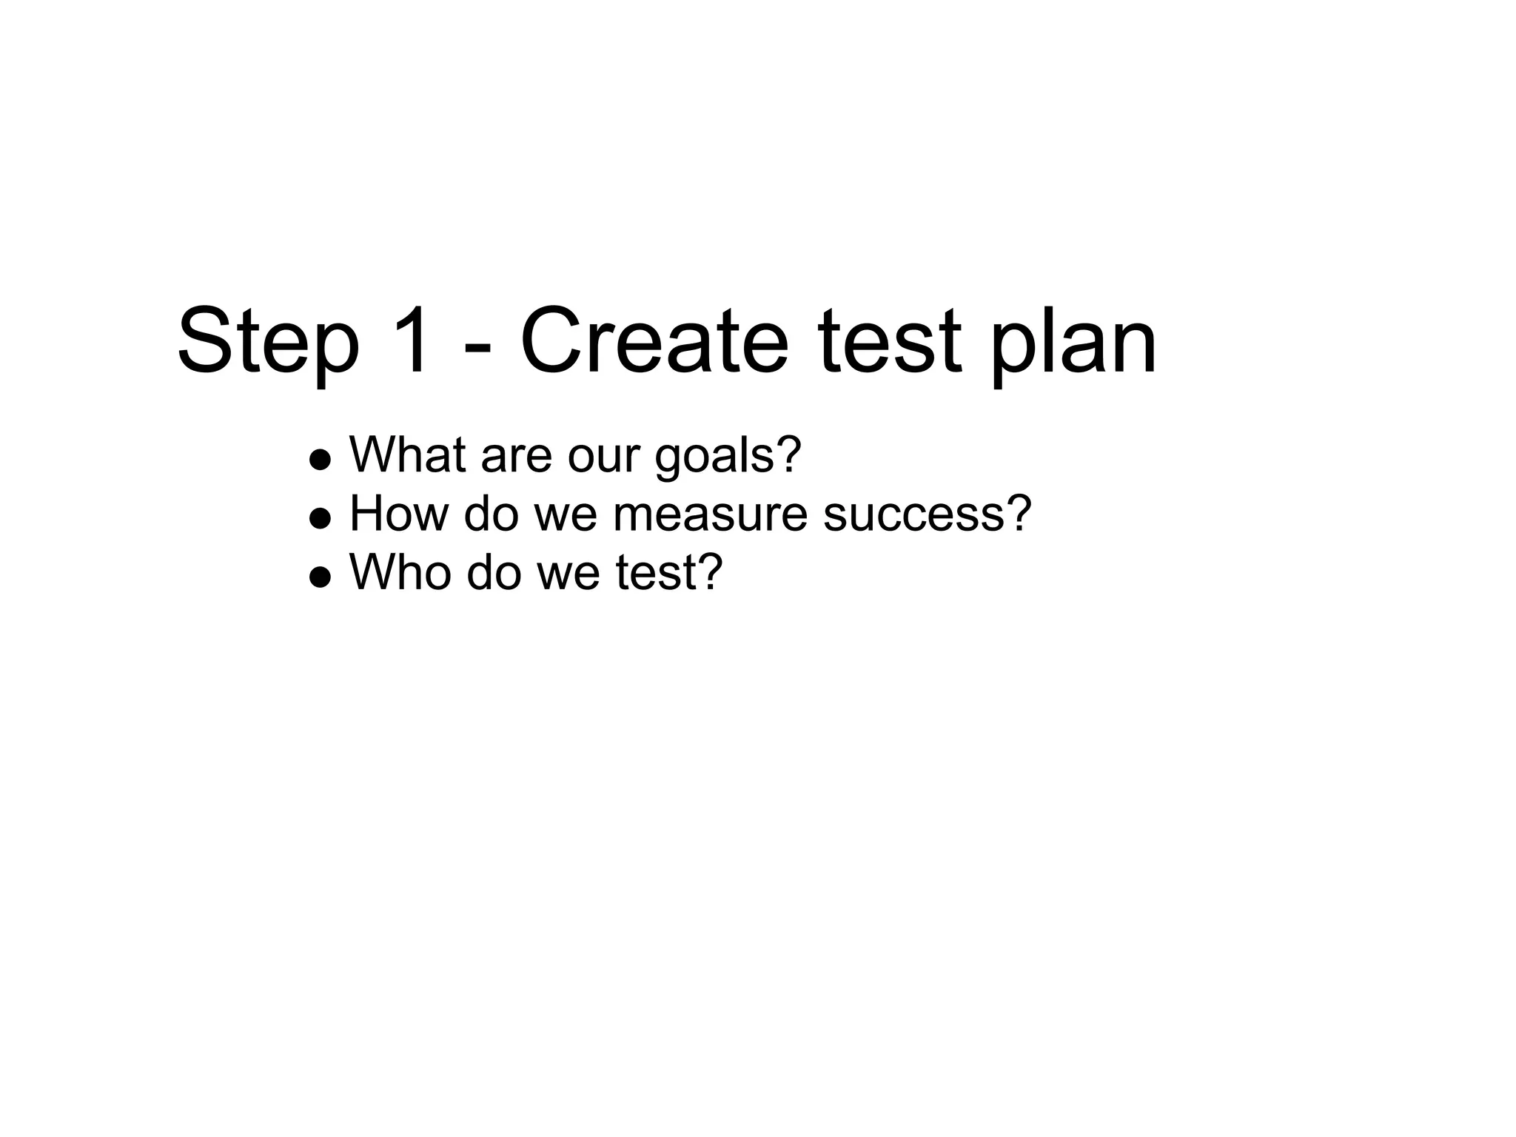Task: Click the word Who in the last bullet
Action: click(x=400, y=571)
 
